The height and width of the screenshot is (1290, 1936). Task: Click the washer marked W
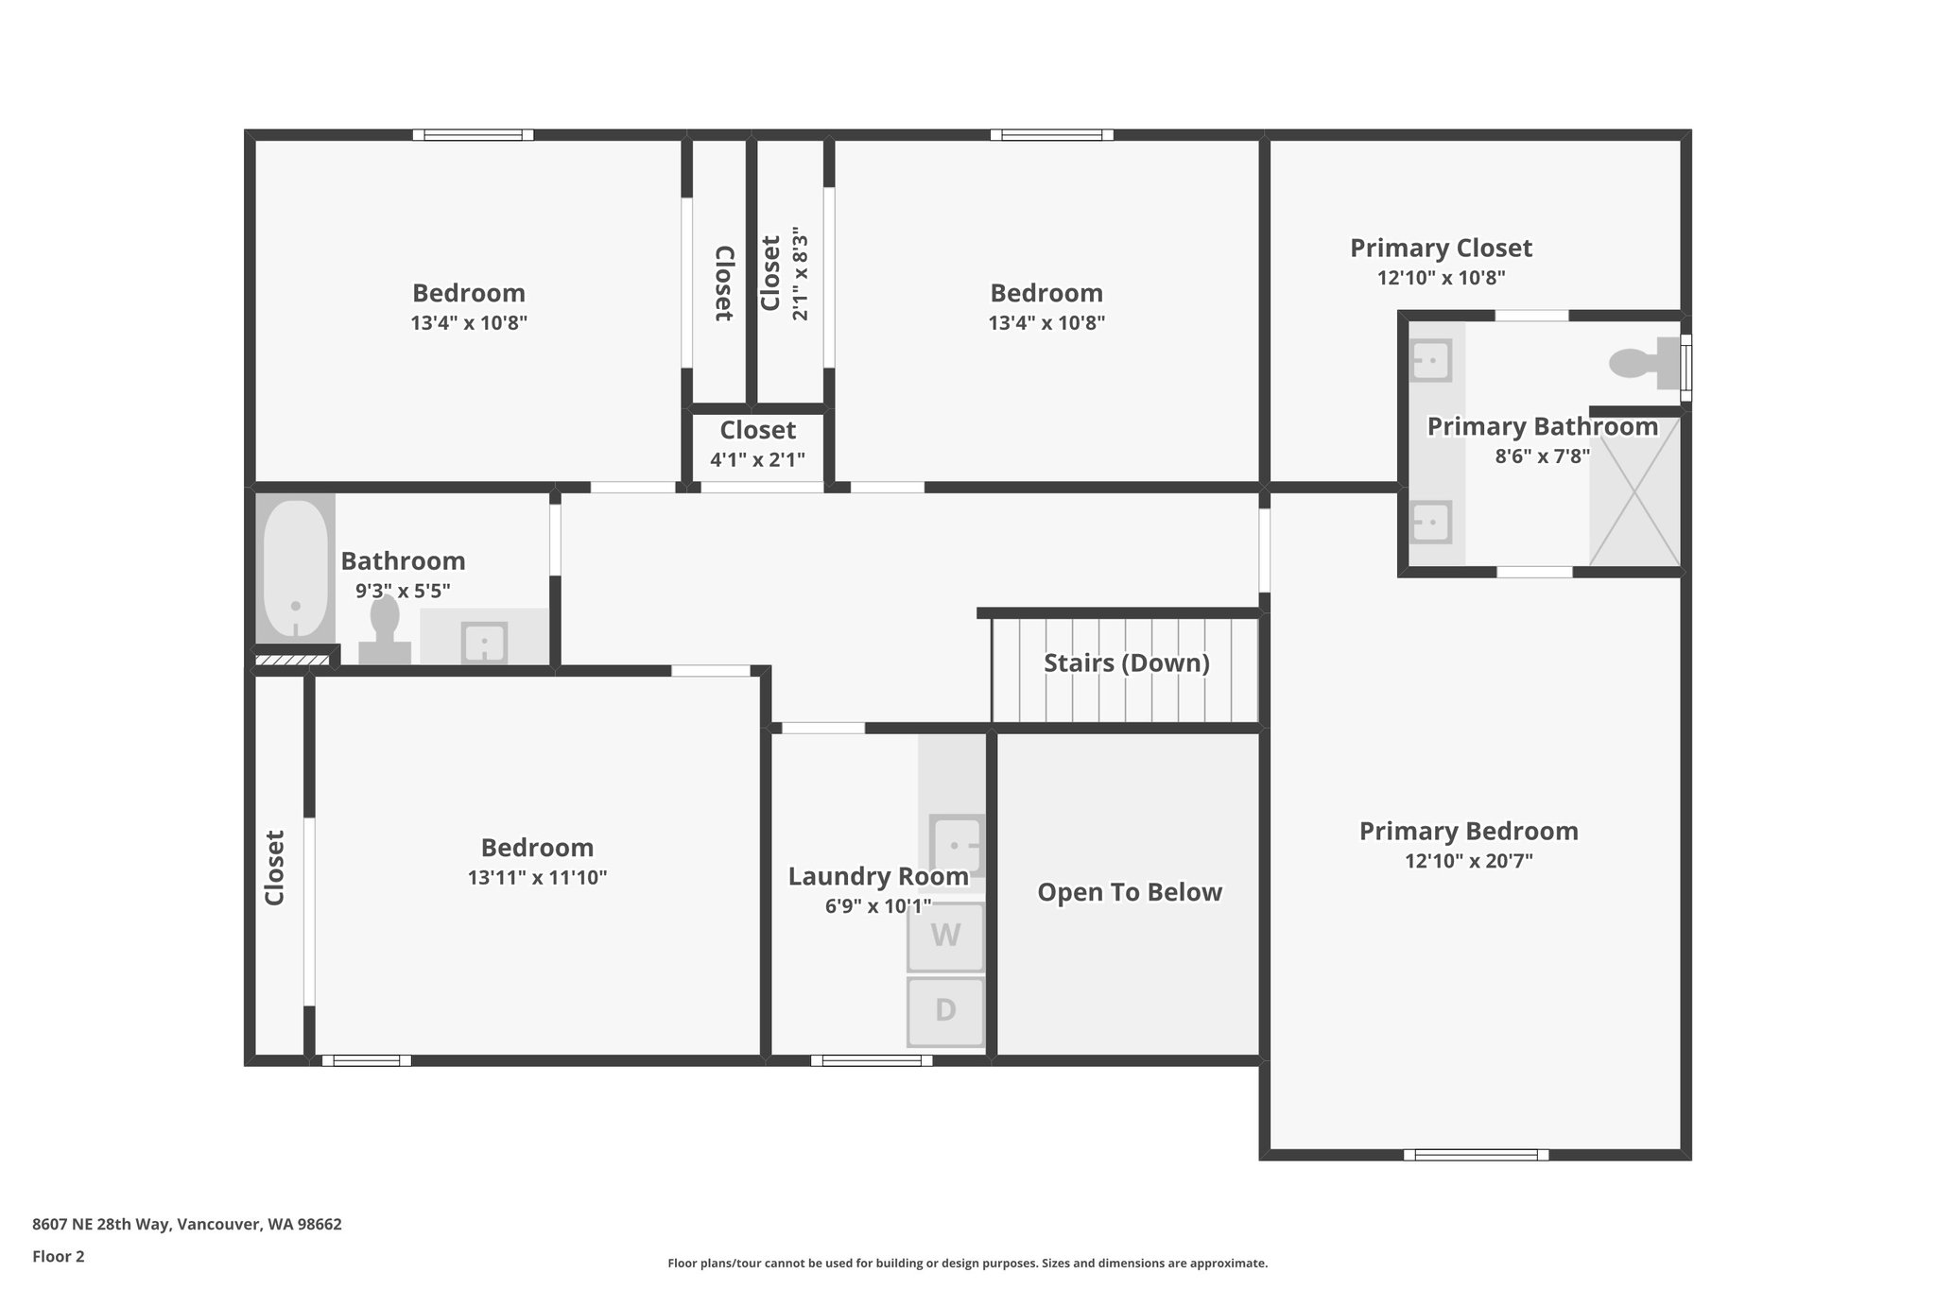tap(945, 937)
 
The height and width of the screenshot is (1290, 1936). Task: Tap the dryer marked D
tap(945, 1011)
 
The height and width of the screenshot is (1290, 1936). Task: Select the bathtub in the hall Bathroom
tap(295, 570)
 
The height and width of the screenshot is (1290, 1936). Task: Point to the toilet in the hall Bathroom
tap(385, 629)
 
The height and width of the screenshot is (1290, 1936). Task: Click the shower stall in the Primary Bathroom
tap(1634, 491)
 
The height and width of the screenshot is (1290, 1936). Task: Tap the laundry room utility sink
tap(957, 845)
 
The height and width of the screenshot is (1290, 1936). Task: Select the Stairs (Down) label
tap(1127, 662)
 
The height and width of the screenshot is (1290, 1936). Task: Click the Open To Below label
tap(1130, 892)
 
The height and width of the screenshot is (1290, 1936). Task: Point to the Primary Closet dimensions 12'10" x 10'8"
tap(1442, 278)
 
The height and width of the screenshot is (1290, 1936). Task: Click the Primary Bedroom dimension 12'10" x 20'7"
tap(1469, 861)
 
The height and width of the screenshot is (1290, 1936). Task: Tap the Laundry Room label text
tap(878, 877)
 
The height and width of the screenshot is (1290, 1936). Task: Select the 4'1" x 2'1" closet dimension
tap(758, 460)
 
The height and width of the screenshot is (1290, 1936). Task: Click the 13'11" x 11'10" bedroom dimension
tap(537, 877)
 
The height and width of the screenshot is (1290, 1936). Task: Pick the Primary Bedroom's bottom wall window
tap(1476, 1154)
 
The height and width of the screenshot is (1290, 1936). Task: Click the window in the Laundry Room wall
tap(872, 1060)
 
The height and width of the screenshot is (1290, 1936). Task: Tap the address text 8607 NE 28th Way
tap(101, 1224)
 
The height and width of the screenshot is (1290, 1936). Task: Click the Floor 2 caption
tap(59, 1256)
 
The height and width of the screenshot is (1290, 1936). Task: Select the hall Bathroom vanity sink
tap(484, 643)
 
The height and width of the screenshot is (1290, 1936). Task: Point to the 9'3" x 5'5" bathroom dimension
tap(403, 592)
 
